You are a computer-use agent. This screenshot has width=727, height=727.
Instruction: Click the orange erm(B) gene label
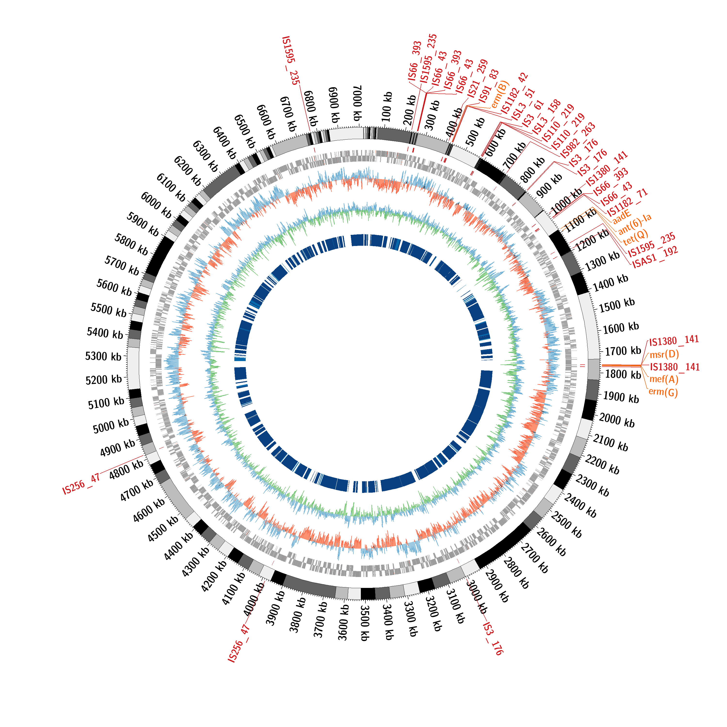500,94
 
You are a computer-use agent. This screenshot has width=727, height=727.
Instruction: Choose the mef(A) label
664,379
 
